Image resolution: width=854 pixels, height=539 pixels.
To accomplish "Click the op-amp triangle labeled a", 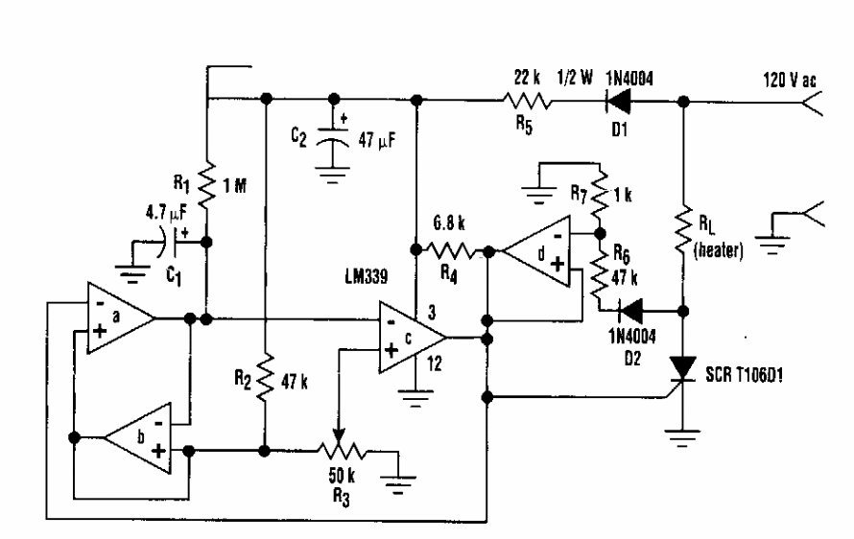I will [x=120, y=317].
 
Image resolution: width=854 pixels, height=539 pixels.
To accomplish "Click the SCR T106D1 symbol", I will [x=683, y=368].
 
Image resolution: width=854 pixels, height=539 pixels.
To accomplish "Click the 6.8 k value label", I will [x=449, y=223].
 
